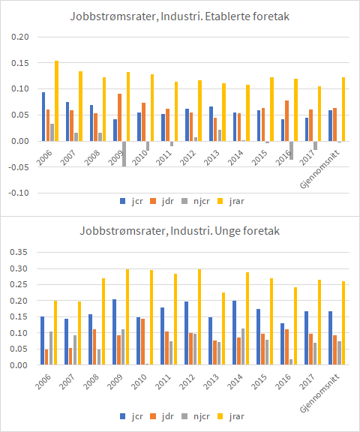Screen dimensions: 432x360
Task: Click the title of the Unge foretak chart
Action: [x=180, y=231]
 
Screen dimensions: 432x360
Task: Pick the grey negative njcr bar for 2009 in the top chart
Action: [x=124, y=153]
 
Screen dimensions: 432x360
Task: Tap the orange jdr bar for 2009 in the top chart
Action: [x=119, y=117]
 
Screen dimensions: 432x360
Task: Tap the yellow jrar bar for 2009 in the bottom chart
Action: [x=127, y=317]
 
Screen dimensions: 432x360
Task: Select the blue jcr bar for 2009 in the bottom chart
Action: [x=113, y=332]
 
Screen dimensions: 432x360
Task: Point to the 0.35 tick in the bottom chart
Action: [x=22, y=252]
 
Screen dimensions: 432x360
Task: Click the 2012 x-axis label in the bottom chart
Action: [x=188, y=378]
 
